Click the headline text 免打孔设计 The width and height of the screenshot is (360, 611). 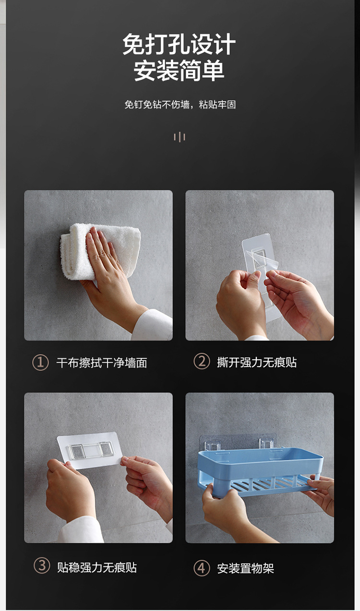(179, 44)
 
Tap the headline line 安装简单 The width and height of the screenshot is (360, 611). (179, 71)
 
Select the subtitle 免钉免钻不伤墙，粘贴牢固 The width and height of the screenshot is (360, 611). (180, 104)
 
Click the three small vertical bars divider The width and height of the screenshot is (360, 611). (180, 137)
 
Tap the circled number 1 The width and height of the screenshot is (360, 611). (41, 363)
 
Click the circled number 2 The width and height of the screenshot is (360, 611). (202, 361)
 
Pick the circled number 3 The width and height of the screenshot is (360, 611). (42, 566)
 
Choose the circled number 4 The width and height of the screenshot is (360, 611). (202, 568)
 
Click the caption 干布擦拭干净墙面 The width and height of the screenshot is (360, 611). (102, 363)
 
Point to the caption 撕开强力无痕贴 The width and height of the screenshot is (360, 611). (257, 362)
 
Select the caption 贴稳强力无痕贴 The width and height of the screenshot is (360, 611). (97, 567)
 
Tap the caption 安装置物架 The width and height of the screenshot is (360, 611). (246, 568)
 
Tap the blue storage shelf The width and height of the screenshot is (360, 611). (260, 472)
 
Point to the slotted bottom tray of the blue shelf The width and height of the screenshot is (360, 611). (270, 486)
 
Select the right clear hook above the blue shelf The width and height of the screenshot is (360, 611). (266, 443)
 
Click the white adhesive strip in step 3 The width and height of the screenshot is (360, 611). (90, 450)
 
